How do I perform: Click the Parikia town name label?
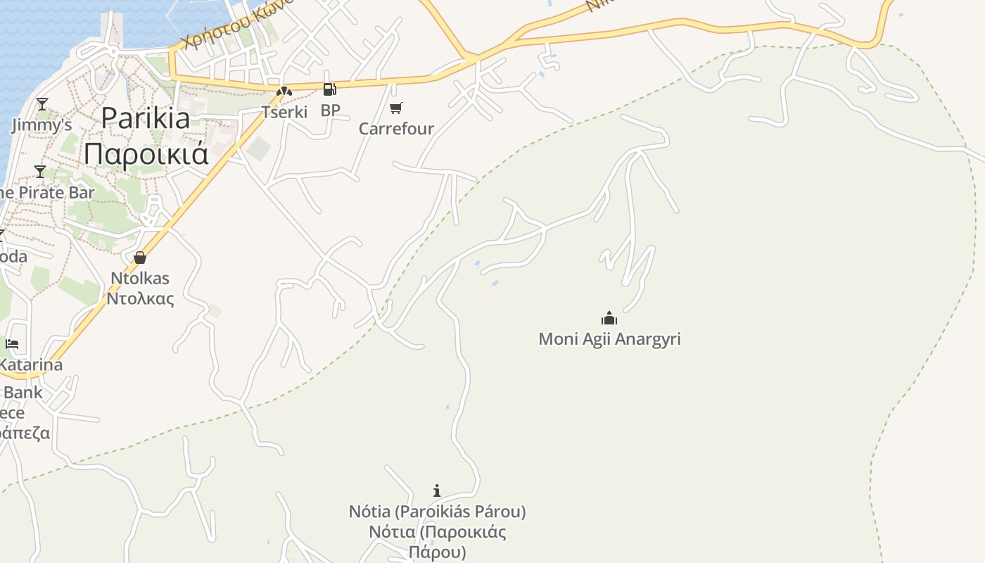[x=146, y=118]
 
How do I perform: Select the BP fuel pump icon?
[x=329, y=89]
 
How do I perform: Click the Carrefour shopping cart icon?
[x=396, y=108]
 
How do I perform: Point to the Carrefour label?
[x=396, y=129]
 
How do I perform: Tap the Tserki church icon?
[x=284, y=91]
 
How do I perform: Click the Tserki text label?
[x=284, y=112]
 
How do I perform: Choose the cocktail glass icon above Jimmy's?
[x=42, y=104]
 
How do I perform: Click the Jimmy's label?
[x=42, y=126]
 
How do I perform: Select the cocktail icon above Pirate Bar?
[x=40, y=171]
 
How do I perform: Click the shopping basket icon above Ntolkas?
[x=140, y=258]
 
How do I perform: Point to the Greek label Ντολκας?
[x=140, y=298]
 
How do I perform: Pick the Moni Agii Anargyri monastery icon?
[x=609, y=318]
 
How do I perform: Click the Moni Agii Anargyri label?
[x=609, y=339]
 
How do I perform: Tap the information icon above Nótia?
[x=437, y=491]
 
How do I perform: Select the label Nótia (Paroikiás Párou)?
[x=437, y=512]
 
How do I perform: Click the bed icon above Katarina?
[x=12, y=344]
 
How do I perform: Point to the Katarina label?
[x=31, y=365]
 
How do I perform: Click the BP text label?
[x=330, y=110]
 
